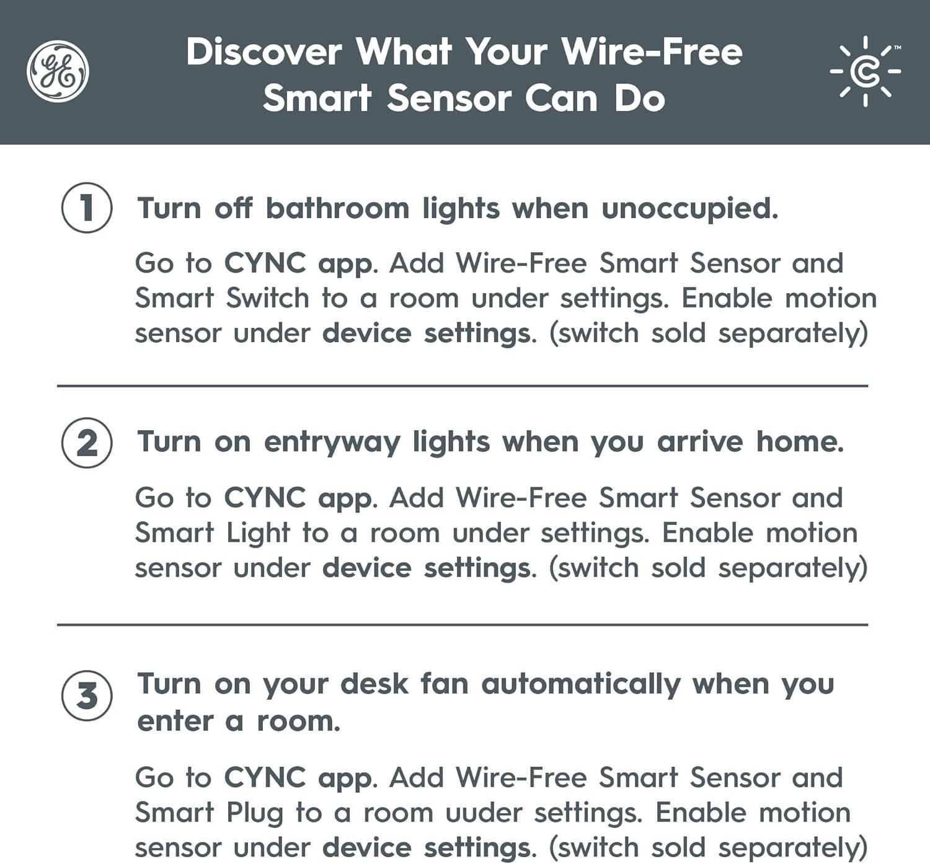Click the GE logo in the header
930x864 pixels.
(x=58, y=71)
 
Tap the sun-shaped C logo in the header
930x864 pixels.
(x=866, y=71)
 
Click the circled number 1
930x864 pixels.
(x=87, y=208)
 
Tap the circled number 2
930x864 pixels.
(x=87, y=443)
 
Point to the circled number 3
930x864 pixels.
(x=87, y=695)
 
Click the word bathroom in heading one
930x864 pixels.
(x=338, y=208)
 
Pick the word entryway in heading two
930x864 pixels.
(x=332, y=443)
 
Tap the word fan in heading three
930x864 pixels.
(x=445, y=684)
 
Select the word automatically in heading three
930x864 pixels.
(x=581, y=685)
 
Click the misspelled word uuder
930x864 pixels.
(x=484, y=813)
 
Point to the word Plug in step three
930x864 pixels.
(x=255, y=814)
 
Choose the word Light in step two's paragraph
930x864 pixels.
(x=258, y=534)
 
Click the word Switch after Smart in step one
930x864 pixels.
(x=267, y=298)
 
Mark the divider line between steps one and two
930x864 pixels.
(x=463, y=386)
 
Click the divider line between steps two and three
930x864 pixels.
(x=463, y=624)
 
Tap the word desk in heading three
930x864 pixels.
(x=374, y=684)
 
